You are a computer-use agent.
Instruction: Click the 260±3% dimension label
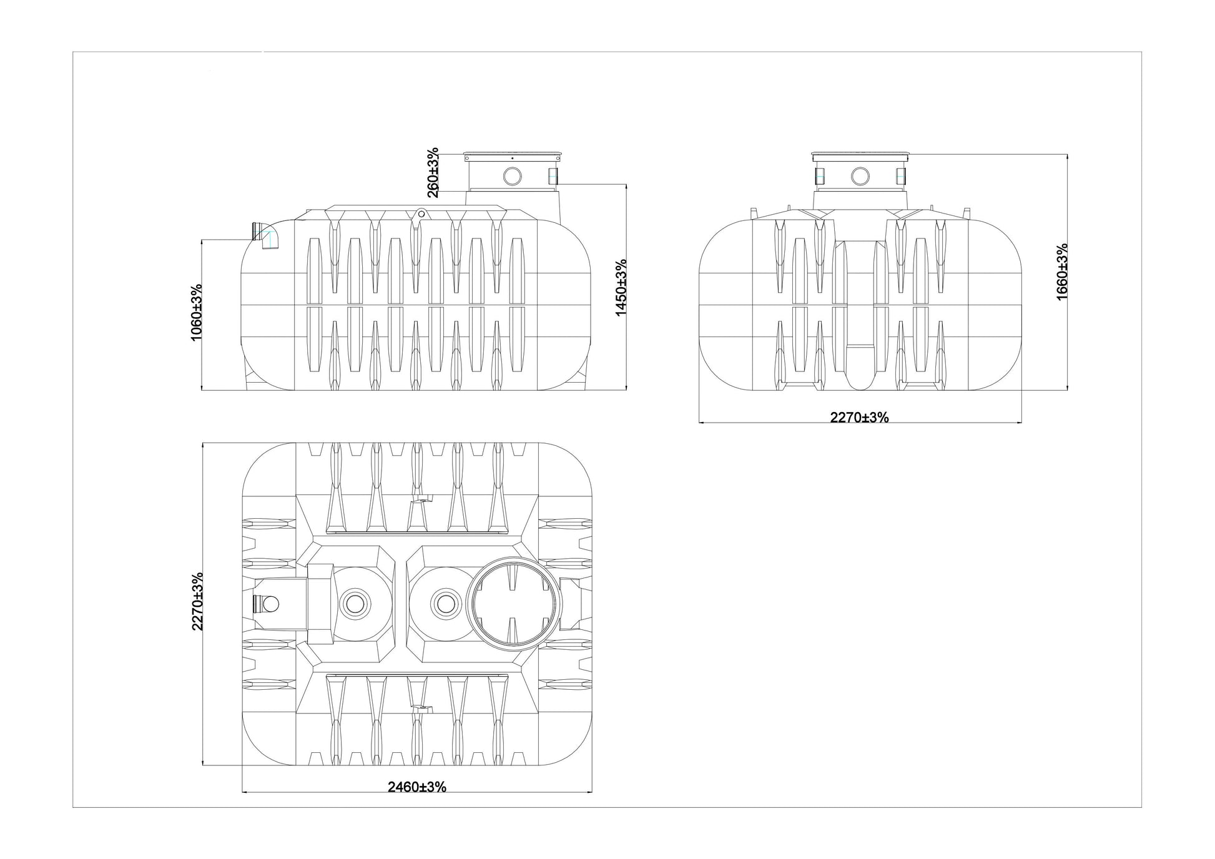[x=433, y=172]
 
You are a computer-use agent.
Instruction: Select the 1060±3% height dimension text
[x=197, y=313]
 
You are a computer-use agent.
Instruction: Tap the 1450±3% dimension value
[x=621, y=288]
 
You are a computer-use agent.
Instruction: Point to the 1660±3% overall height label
[x=1063, y=272]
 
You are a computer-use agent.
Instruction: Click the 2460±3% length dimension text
[x=417, y=787]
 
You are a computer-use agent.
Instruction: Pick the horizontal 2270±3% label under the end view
[x=859, y=418]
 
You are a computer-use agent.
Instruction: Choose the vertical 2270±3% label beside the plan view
[x=197, y=602]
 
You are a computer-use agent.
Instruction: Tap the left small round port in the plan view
[x=355, y=604]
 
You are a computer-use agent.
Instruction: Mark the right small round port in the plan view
[x=445, y=604]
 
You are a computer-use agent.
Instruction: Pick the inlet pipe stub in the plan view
[x=265, y=604]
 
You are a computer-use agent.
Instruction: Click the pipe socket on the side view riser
[x=552, y=176]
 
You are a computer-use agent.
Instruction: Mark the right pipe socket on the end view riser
[x=901, y=176]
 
